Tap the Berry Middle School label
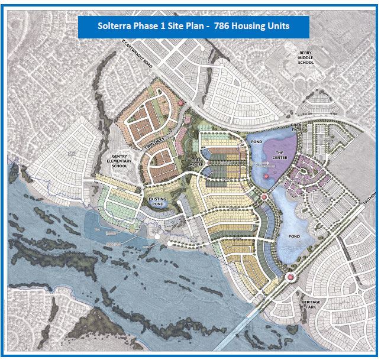[310, 57]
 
